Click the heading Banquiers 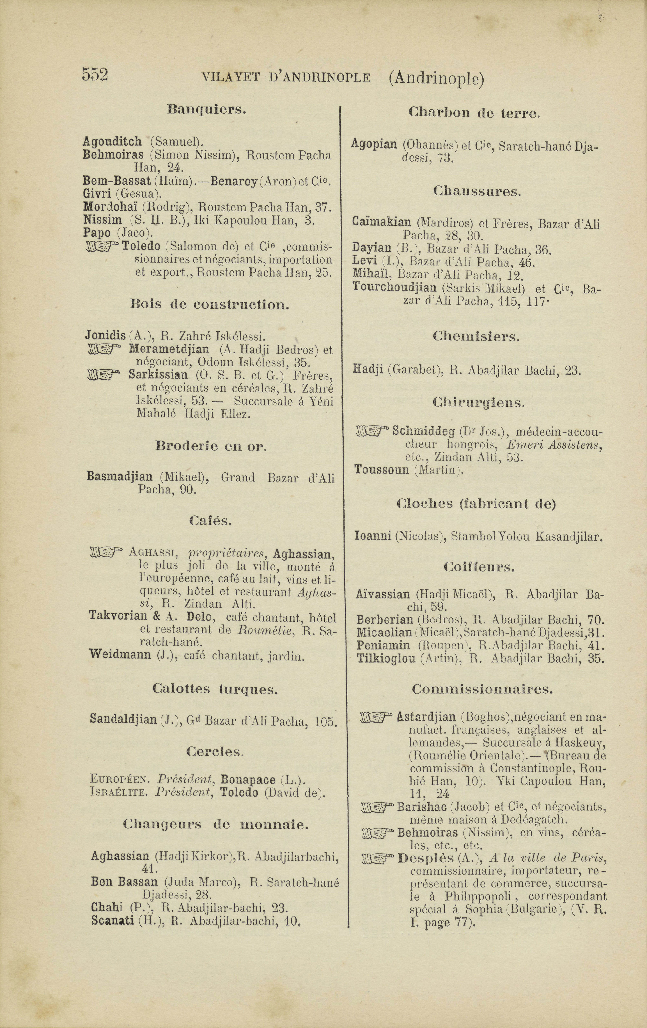click(207, 109)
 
